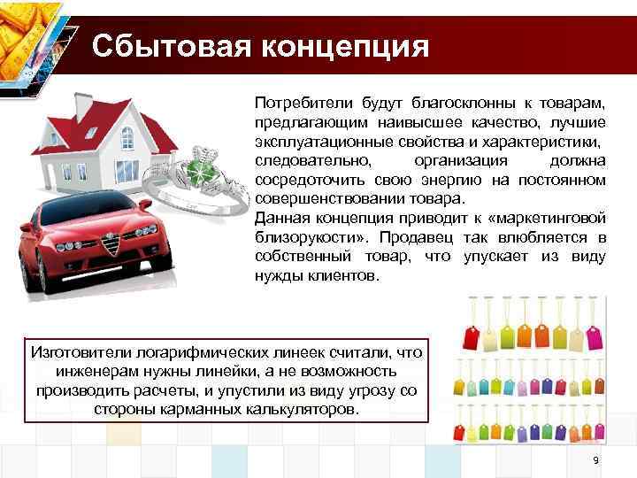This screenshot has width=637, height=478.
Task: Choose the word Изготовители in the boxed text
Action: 76,353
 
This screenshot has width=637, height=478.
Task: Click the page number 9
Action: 595,461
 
